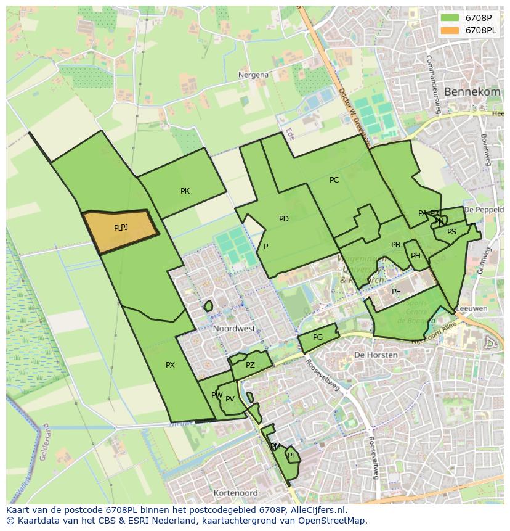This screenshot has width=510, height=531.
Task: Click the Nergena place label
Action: (253, 75)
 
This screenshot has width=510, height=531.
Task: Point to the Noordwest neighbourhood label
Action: (234, 329)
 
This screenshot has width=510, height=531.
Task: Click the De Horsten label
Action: (373, 355)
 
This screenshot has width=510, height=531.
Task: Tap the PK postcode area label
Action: (185, 191)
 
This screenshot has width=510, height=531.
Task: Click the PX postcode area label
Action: (170, 365)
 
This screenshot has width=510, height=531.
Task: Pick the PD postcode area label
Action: (283, 219)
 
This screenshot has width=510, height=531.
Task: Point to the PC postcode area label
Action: (334, 180)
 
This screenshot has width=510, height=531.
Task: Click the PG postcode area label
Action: (318, 337)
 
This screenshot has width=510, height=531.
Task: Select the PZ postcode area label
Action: (250, 365)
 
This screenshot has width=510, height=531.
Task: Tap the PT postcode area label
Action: (292, 456)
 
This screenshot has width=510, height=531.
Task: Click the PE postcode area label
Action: (396, 292)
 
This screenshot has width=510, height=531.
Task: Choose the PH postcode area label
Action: (416, 256)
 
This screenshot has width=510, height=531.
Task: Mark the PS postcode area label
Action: (451, 232)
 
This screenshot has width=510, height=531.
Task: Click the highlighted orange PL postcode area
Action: (120, 229)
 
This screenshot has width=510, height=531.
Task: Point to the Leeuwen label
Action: (474, 309)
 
